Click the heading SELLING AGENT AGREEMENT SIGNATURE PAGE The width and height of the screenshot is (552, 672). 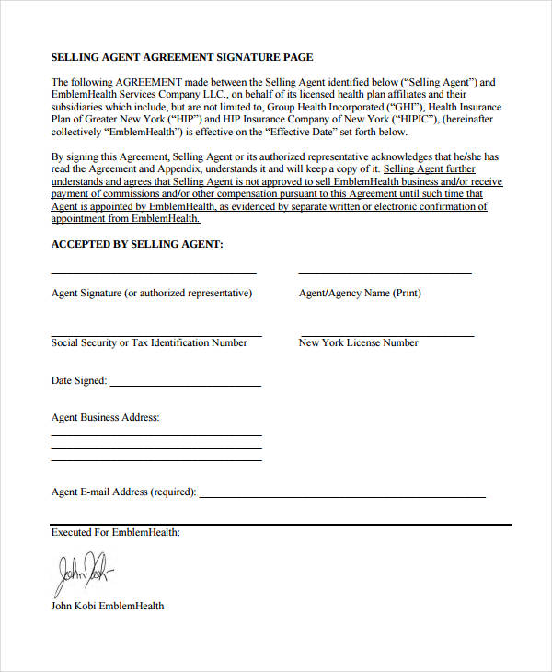click(182, 57)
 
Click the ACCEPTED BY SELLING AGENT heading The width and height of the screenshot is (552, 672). click(137, 244)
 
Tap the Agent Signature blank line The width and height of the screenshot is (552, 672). click(153, 273)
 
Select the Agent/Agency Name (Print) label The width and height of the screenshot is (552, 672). click(360, 294)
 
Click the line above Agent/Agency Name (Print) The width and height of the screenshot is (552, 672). click(385, 273)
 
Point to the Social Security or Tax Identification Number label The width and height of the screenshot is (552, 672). click(149, 343)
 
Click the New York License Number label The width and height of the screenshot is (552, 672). click(358, 343)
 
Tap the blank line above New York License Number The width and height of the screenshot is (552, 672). click(385, 336)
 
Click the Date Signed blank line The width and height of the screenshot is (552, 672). click(185, 385)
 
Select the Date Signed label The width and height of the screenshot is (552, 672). click(79, 380)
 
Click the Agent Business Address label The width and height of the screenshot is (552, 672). click(106, 418)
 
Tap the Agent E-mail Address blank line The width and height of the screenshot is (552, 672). click(342, 497)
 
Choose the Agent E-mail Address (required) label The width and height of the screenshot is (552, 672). click(123, 492)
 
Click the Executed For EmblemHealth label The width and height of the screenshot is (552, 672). click(116, 532)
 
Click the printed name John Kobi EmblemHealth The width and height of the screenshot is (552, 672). click(108, 606)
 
